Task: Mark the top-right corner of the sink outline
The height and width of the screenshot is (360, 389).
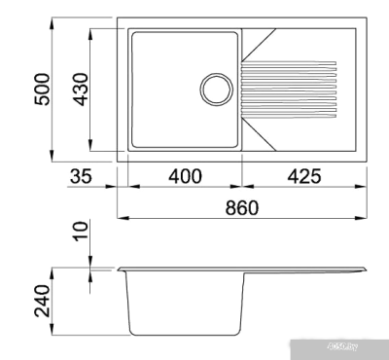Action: (367, 18)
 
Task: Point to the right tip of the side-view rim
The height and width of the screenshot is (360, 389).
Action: (368, 268)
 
